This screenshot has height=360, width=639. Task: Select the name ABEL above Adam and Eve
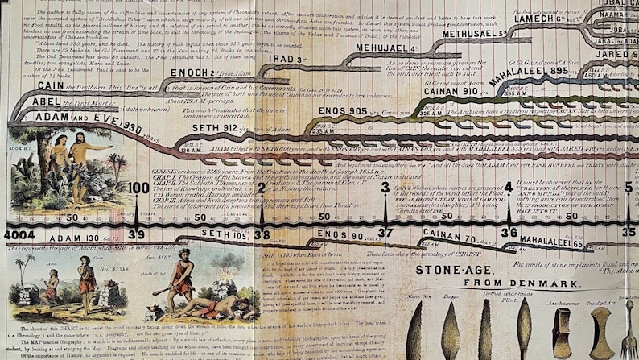(x=28, y=102)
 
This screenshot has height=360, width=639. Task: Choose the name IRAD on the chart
(x=286, y=59)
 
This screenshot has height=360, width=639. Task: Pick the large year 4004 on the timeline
(x=19, y=234)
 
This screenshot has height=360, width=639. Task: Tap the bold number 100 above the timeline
(x=138, y=188)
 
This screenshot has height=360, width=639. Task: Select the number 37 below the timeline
(x=385, y=234)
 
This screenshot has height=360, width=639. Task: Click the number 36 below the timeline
(x=509, y=234)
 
